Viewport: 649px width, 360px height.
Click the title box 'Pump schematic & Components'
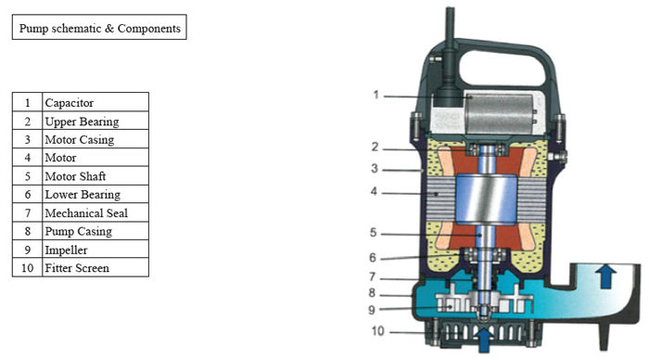coord(99,27)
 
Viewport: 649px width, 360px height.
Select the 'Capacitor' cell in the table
coord(95,102)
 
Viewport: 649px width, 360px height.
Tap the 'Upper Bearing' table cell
coord(95,121)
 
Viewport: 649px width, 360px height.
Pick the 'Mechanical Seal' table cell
coord(95,212)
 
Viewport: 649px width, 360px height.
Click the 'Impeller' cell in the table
coord(95,250)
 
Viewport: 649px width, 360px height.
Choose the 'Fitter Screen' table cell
coord(95,267)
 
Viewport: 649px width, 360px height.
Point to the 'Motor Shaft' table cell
coord(95,176)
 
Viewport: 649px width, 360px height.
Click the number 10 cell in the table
coord(27,267)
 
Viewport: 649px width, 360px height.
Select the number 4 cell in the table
coord(27,158)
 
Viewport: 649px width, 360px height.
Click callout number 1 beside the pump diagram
coord(375,95)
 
